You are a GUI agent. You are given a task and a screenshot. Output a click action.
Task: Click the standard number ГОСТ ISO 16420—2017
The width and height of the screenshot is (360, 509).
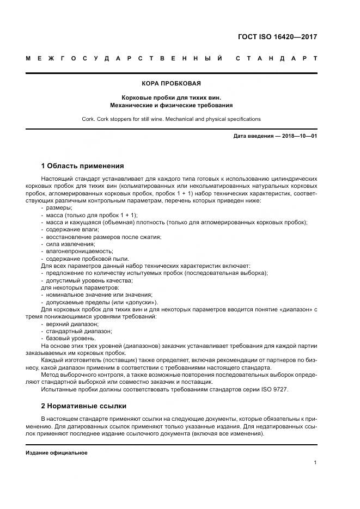click(278, 37)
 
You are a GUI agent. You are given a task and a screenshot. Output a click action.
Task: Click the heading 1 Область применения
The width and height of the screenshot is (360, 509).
click(83, 165)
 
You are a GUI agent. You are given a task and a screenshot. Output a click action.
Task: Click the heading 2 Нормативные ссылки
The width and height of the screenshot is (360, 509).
click(84, 406)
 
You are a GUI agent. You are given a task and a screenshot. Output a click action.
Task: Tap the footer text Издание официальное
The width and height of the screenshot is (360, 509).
click(57, 453)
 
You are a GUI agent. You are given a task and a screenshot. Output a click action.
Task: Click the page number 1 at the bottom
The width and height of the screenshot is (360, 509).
click(315, 463)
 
